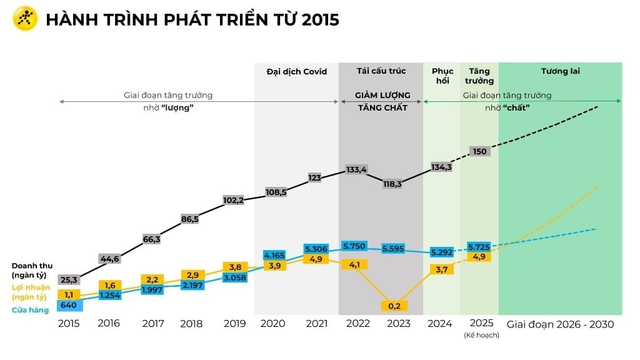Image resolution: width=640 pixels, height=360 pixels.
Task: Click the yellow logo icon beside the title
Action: tap(26, 19)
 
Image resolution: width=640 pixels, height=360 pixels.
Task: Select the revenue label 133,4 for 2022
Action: tap(356, 169)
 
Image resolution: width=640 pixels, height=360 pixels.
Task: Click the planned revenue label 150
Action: tap(480, 151)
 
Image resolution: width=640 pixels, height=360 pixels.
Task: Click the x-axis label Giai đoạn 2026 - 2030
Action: tap(560, 324)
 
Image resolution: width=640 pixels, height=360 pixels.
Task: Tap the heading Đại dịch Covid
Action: tap(296, 71)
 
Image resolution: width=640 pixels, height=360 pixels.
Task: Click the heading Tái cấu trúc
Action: tap(381, 71)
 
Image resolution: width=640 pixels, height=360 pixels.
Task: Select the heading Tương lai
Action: tap(560, 71)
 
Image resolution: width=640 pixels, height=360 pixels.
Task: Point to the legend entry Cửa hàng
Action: tap(30, 310)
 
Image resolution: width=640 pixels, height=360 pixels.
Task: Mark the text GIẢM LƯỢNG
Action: tap(382, 96)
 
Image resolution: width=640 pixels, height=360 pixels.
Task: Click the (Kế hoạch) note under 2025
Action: tap(481, 336)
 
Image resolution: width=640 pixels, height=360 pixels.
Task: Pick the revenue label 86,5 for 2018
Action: tap(191, 219)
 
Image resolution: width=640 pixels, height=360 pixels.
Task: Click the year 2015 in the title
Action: tap(320, 19)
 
